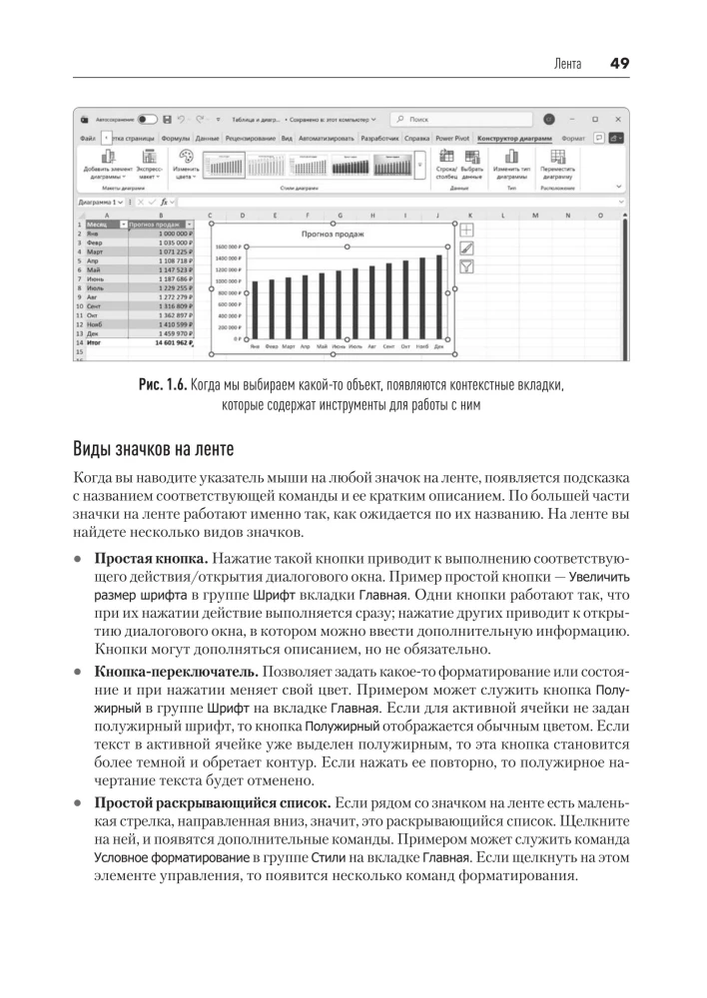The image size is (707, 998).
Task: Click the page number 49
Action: click(x=618, y=63)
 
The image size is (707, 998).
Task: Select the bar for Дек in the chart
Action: click(x=438, y=297)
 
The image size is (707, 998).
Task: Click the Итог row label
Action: click(x=96, y=342)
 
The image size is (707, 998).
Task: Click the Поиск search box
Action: click(x=454, y=118)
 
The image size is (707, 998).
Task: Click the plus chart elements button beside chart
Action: click(x=467, y=229)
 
